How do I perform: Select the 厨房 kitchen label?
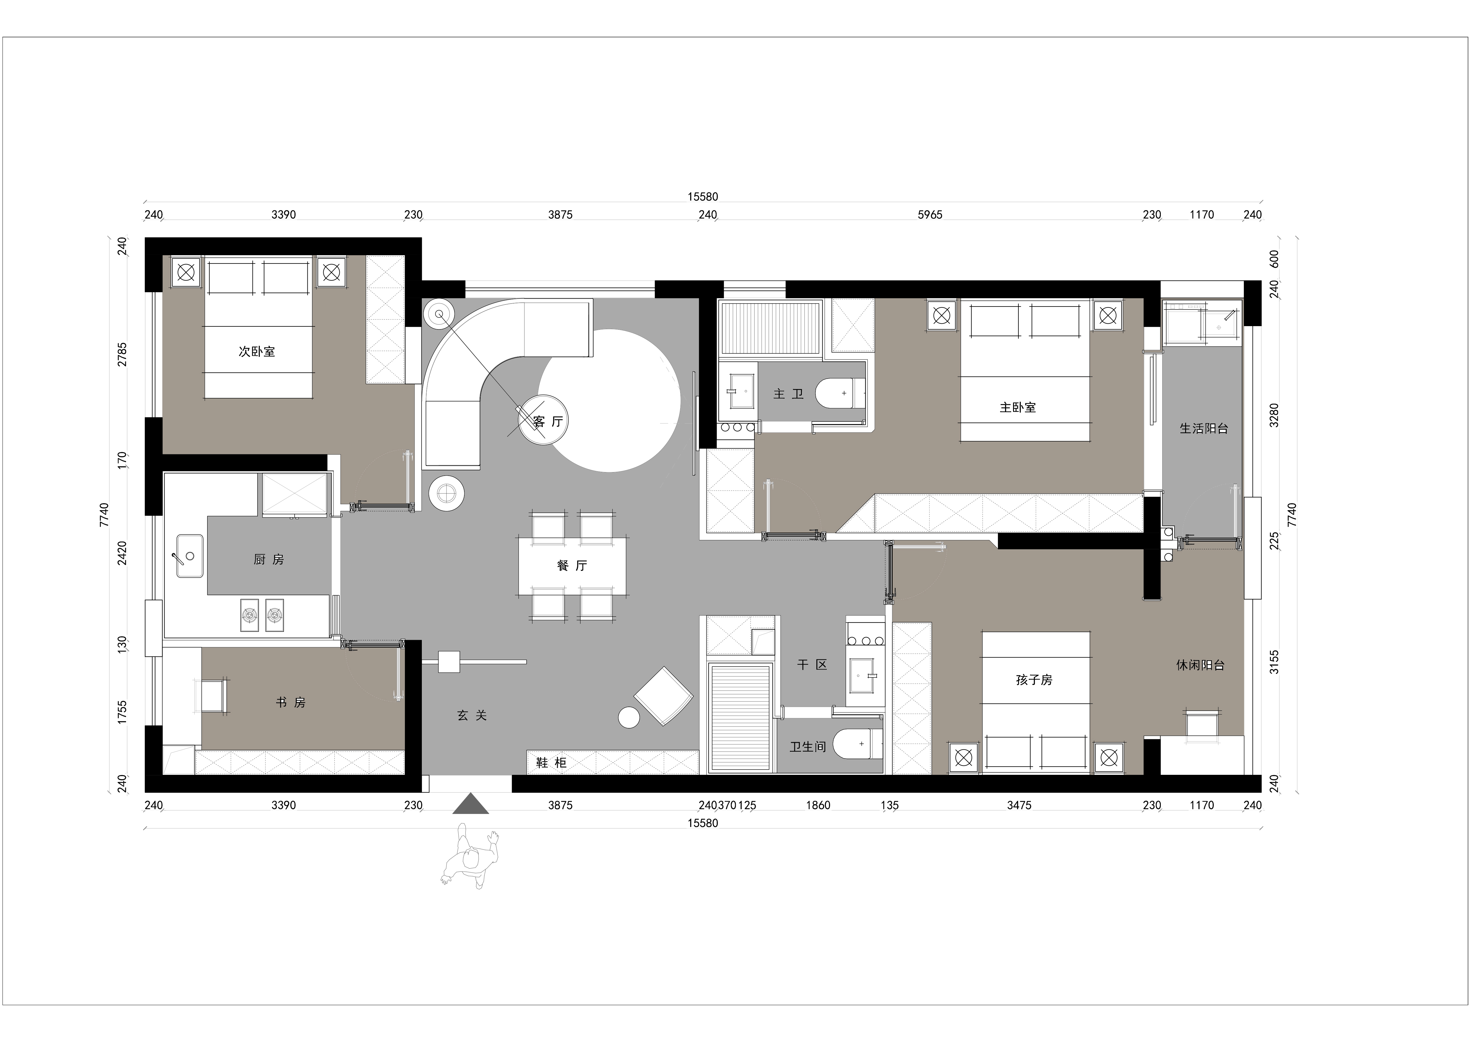(x=269, y=559)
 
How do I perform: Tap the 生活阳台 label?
(x=1203, y=429)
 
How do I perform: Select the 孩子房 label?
(x=1034, y=680)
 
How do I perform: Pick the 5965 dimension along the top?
(x=930, y=215)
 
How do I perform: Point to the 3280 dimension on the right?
(x=1274, y=415)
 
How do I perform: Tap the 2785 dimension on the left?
(x=122, y=355)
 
